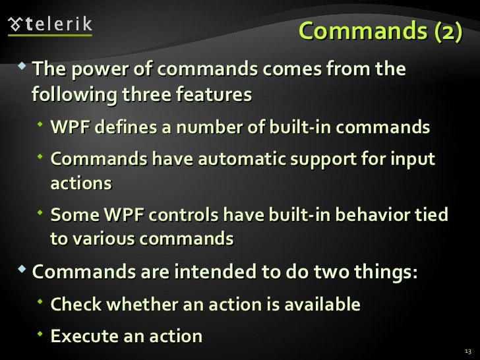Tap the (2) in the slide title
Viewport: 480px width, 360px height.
tap(443, 31)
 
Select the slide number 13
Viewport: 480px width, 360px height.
tap(468, 350)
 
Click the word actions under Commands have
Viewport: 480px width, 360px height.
tap(81, 183)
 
